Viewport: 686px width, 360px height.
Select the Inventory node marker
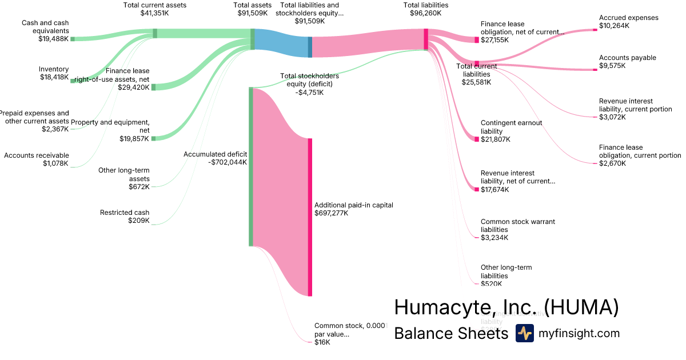click(73, 81)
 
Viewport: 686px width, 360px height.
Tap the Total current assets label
click(155, 5)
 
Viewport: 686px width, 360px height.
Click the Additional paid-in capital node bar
click(310, 217)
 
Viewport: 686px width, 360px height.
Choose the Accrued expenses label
click(628, 18)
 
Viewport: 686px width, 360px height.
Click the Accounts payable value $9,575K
click(612, 66)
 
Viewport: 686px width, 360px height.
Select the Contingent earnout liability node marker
click(477, 139)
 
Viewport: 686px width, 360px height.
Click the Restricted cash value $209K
click(139, 221)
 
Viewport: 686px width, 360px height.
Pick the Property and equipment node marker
click(153, 138)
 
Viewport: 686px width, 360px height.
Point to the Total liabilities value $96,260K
click(425, 13)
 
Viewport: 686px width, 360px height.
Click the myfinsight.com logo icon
click(524, 333)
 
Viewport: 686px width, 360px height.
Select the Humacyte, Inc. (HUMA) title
click(506, 307)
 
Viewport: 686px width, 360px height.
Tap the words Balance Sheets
click(451, 333)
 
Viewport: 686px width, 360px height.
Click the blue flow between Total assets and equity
click(281, 43)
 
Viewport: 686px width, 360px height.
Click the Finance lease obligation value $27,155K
click(495, 41)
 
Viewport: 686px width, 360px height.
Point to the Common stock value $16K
click(322, 342)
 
